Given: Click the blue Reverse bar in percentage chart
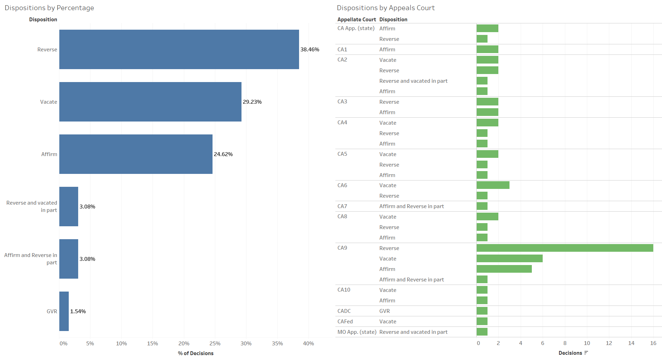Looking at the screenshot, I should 179,49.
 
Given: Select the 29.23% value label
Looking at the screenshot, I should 252,102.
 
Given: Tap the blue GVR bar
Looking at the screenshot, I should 64,311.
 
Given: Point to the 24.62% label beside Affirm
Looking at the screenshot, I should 223,154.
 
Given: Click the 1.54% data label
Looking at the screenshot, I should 78,311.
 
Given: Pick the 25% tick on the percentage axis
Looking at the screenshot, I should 215,344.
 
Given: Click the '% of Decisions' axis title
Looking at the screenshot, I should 195,353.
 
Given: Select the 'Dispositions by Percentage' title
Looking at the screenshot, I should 49,8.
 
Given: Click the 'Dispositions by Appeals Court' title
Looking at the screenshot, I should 386,8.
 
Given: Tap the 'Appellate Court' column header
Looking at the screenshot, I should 356,20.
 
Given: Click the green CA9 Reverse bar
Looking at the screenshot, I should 565,248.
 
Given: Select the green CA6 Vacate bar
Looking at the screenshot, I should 493,185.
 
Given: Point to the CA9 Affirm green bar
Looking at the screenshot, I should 504,269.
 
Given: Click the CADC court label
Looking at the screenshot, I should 344,311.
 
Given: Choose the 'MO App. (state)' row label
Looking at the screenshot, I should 357,332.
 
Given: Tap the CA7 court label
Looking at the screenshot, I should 342,206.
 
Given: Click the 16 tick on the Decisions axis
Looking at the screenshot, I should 653,343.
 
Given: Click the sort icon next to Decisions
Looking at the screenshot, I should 586,353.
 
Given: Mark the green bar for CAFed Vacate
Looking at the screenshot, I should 482,321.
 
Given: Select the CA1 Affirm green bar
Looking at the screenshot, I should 487,49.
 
